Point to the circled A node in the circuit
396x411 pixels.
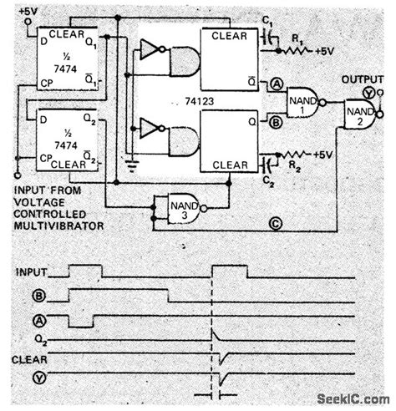click(277, 84)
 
